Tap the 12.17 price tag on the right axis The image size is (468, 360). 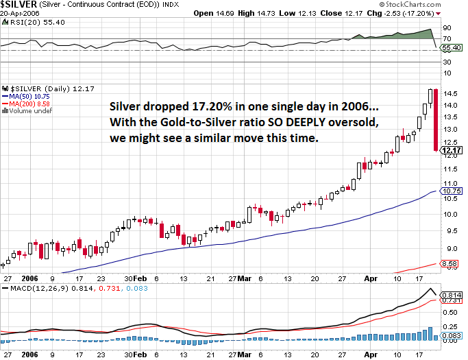(453, 150)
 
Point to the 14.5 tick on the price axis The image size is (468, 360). (452, 93)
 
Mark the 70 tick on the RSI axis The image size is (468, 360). (447, 38)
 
